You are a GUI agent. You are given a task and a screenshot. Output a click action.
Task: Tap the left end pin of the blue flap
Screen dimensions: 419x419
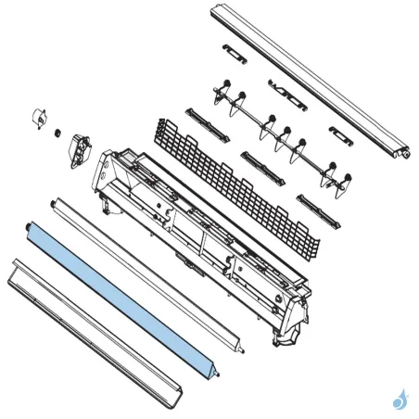click(31, 227)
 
